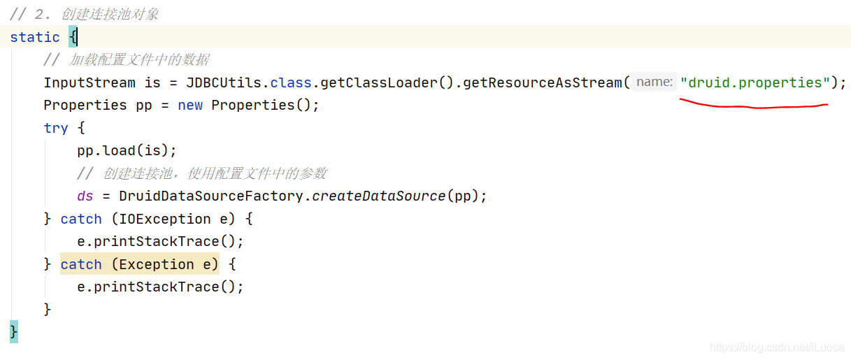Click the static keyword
pyautogui.click(x=35, y=37)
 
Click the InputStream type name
pyautogui.click(x=90, y=82)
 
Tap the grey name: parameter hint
pyautogui.click(x=655, y=82)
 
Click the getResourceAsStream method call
pyautogui.click(x=543, y=82)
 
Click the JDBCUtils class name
pyautogui.click(x=224, y=82)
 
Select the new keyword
pyautogui.click(x=190, y=105)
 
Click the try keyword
pyautogui.click(x=56, y=128)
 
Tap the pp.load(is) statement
pyautogui.click(x=127, y=150)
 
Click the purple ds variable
pyautogui.click(x=85, y=196)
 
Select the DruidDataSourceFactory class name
pyautogui.click(x=210, y=196)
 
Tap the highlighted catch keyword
pyautogui.click(x=81, y=264)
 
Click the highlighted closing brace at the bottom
pyautogui.click(x=14, y=331)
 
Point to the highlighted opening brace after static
pyautogui.click(x=73, y=37)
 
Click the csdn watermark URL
pyautogui.click(x=776, y=347)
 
